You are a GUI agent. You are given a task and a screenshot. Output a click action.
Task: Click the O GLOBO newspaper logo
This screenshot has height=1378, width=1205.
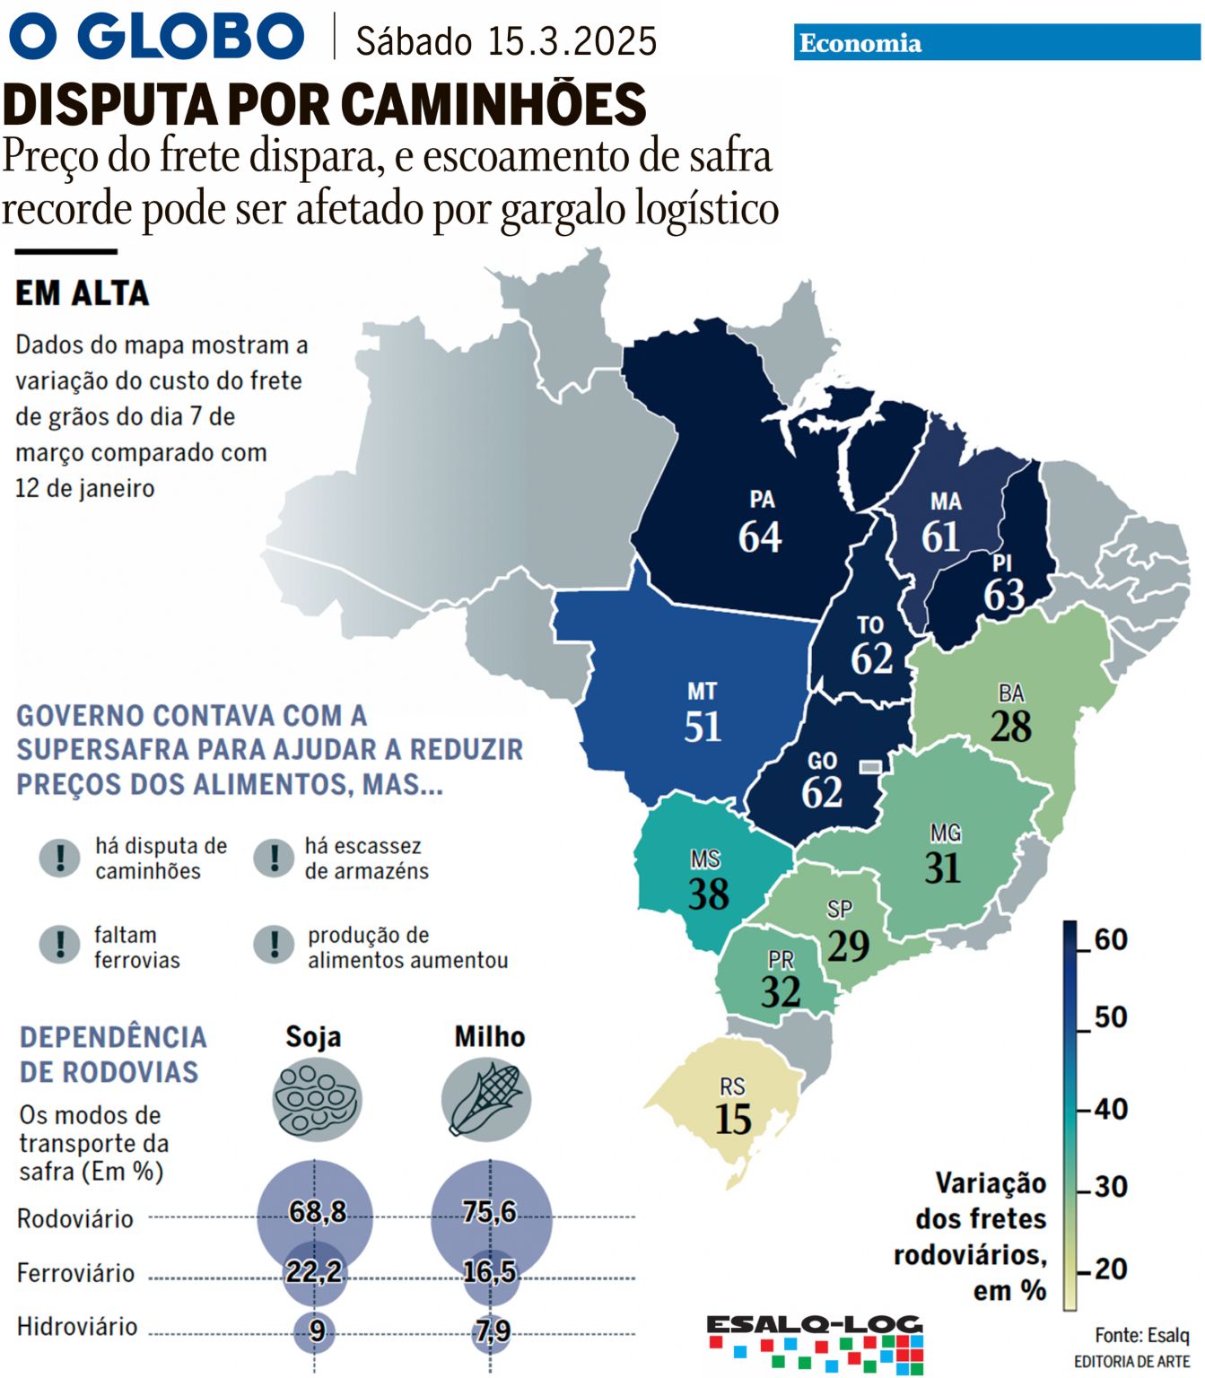(157, 37)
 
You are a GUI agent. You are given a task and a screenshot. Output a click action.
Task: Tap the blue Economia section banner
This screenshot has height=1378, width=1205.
(996, 43)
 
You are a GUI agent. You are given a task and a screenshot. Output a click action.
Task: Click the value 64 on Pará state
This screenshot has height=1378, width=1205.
(759, 537)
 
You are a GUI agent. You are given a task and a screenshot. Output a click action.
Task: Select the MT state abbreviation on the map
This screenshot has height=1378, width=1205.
(702, 692)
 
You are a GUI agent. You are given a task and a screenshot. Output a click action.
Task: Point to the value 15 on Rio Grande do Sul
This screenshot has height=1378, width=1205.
(733, 1120)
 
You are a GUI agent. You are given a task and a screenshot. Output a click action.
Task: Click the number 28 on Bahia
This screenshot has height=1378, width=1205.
(1010, 727)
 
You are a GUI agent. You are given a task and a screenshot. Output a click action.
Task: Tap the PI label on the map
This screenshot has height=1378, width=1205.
(1002, 563)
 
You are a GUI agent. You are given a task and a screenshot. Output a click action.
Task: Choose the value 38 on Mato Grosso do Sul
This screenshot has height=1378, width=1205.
(708, 894)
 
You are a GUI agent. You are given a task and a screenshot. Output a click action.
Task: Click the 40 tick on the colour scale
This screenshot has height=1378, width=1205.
(1110, 1109)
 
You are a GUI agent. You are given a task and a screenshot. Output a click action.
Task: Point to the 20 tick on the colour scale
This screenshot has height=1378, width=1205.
(1110, 1269)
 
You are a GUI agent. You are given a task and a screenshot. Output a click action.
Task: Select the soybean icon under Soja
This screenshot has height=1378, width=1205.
(316, 1100)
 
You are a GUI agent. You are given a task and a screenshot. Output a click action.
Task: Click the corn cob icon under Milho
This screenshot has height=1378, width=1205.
(486, 1100)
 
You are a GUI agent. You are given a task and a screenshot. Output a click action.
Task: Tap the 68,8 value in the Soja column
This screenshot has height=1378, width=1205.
(317, 1212)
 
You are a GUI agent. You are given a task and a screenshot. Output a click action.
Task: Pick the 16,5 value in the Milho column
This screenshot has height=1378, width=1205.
(489, 1271)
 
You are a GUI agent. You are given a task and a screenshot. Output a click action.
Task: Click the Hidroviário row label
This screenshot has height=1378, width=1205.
(77, 1327)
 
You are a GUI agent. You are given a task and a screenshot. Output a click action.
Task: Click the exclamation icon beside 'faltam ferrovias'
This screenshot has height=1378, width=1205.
(60, 945)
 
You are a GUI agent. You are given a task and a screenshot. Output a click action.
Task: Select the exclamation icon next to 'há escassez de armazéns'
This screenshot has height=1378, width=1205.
(274, 858)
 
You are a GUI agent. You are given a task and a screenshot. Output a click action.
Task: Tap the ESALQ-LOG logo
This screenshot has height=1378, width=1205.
(815, 1341)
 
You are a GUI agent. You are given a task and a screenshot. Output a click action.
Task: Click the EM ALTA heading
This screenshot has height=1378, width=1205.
(83, 293)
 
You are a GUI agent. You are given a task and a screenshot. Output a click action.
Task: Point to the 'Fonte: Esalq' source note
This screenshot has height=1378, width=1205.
(1141, 1335)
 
